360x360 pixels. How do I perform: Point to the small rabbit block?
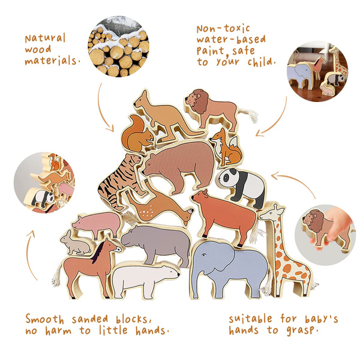click(x=76, y=244)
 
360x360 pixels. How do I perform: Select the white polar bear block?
click(x=145, y=278)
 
